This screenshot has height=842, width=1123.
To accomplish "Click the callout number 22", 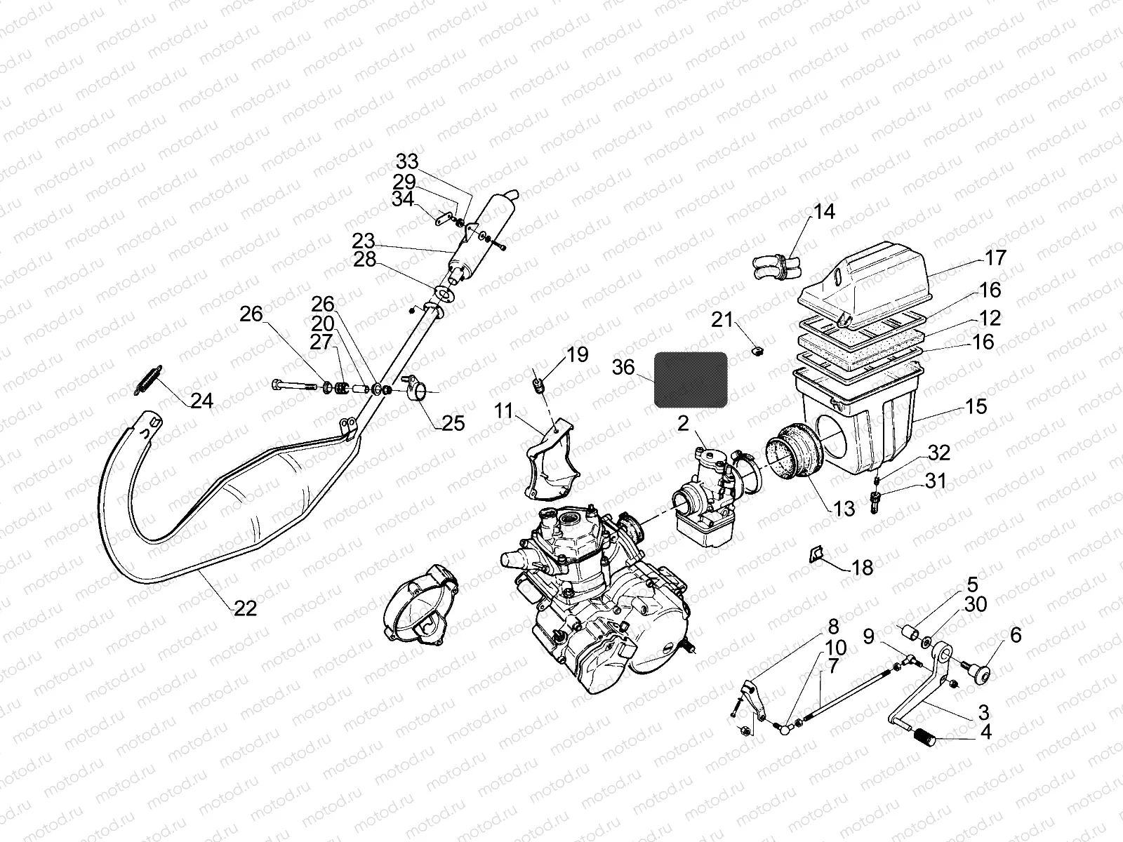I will click(x=245, y=608).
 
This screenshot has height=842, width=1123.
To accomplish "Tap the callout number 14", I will click(x=825, y=211).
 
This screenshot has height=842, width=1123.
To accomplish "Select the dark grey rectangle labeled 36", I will click(x=691, y=380).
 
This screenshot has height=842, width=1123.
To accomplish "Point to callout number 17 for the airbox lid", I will click(x=995, y=258).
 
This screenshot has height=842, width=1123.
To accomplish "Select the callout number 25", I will click(x=453, y=423).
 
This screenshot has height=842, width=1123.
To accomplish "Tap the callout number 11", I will click(x=503, y=410).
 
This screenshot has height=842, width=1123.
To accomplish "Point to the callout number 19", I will click(x=577, y=354).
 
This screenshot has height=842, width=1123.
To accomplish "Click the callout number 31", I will click(x=935, y=481).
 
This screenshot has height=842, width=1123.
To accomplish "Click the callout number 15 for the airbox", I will click(x=976, y=406).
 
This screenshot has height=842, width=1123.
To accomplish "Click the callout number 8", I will click(x=832, y=627).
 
